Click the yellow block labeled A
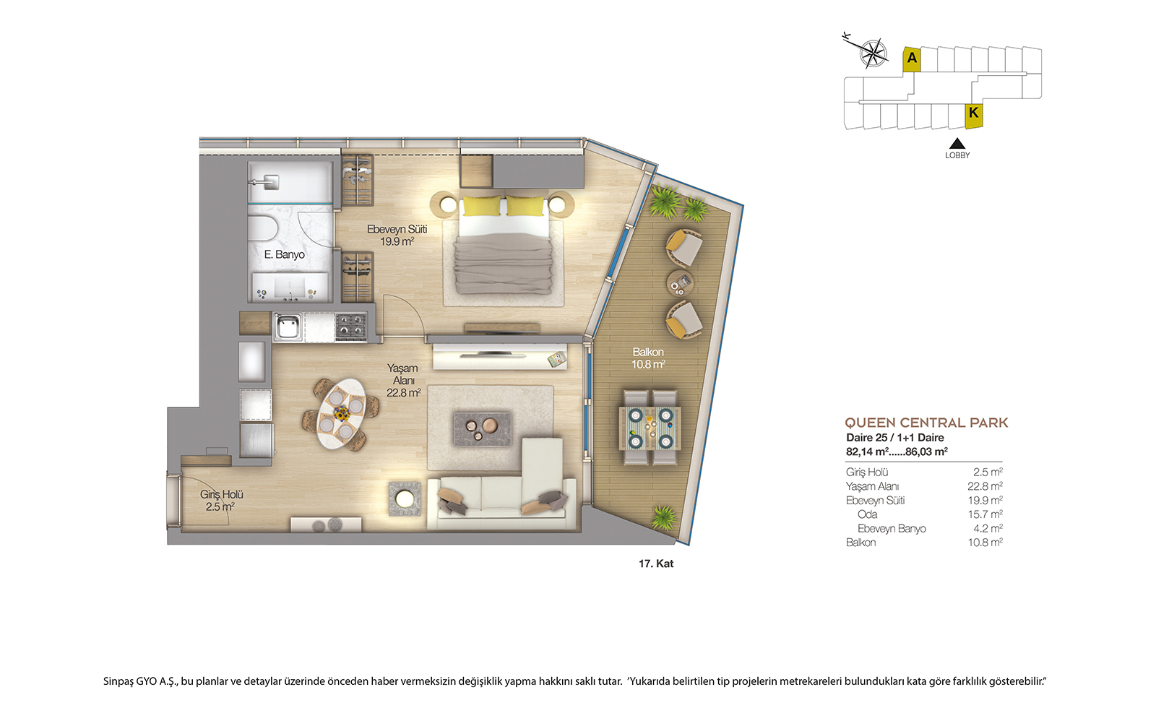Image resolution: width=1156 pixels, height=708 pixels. pyautogui.click(x=912, y=59)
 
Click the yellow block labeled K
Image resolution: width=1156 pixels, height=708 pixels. pyautogui.click(x=974, y=116)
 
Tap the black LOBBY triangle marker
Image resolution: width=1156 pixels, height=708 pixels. pyautogui.click(x=957, y=143)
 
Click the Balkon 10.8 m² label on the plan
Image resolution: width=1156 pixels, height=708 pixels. pyautogui.click(x=648, y=358)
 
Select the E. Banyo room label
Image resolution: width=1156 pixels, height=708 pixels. pyautogui.click(x=285, y=254)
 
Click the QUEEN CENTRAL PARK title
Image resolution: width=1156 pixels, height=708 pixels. pyautogui.click(x=926, y=423)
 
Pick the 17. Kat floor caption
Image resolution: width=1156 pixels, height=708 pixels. pyautogui.click(x=656, y=564)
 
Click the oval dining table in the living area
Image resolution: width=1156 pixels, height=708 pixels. pyautogui.click(x=341, y=414)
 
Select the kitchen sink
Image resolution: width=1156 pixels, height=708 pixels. pyautogui.click(x=288, y=326)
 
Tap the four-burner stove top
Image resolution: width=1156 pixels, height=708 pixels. pyautogui.click(x=351, y=326)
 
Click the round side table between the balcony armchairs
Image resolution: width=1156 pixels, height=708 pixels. pyautogui.click(x=680, y=283)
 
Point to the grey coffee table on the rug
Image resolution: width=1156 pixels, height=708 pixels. pyautogui.click(x=483, y=429)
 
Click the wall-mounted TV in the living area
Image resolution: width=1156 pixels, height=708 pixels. pyautogui.click(x=493, y=355)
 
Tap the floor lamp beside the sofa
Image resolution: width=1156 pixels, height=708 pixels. pyautogui.click(x=404, y=498)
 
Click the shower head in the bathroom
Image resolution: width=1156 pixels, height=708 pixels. pyautogui.click(x=270, y=181)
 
